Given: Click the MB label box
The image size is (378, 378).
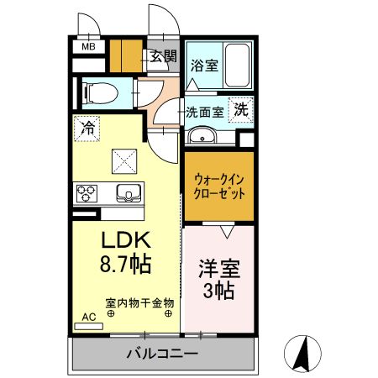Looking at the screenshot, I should (88, 47).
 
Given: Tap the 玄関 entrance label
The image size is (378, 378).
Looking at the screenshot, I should (164, 57).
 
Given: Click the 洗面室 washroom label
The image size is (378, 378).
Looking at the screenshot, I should (204, 111).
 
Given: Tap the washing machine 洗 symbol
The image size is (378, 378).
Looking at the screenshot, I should (241, 109).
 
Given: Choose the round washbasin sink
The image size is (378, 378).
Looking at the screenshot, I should (202, 137).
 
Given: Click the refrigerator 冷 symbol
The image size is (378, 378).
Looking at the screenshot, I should (87, 128).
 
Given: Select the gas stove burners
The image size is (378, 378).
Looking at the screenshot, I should (87, 192).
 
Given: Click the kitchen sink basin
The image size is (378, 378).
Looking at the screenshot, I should (128, 192).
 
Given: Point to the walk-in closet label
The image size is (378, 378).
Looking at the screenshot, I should (218, 186).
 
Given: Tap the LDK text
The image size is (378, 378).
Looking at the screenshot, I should (126, 239).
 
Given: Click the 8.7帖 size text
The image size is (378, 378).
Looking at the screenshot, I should (125, 264).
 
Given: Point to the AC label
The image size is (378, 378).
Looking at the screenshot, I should (87, 318).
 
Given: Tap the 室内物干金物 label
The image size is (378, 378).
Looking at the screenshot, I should (139, 302).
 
